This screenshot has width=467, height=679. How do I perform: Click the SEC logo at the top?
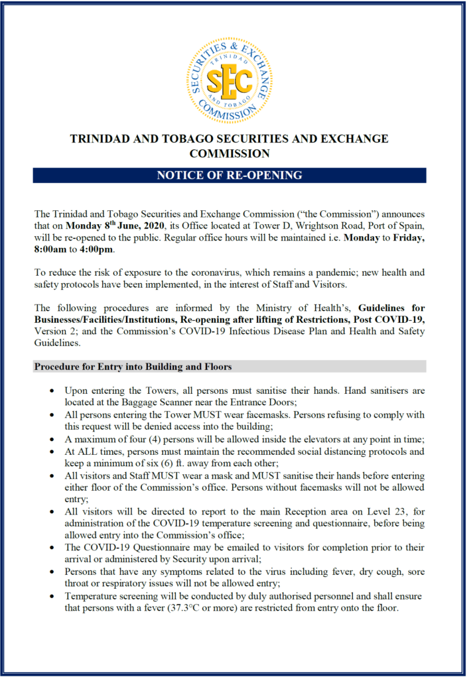[230, 81]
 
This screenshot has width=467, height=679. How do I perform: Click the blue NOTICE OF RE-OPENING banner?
[230, 175]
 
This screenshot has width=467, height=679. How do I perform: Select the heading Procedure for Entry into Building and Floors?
[133, 367]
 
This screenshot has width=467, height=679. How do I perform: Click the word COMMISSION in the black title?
[230, 153]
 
